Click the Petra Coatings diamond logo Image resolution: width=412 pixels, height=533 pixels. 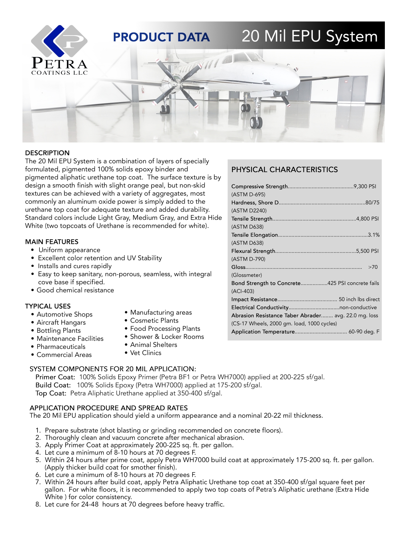click(x=59, y=41)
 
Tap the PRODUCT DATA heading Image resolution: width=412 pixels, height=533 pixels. click(x=161, y=37)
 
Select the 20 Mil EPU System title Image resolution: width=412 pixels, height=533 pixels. click(x=309, y=36)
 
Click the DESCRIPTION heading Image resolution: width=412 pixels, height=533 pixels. click(x=47, y=153)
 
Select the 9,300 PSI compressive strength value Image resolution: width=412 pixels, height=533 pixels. click(x=365, y=186)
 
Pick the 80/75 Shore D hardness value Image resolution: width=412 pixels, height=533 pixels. click(x=372, y=203)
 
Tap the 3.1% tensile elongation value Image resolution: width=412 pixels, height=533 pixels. click(x=374, y=235)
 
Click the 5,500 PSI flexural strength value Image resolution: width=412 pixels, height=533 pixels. click(x=367, y=251)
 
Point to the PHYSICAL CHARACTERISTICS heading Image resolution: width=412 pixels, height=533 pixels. click(x=284, y=170)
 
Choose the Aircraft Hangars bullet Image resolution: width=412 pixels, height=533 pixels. click(x=61, y=322)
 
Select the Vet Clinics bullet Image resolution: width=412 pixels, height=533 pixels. click(x=145, y=353)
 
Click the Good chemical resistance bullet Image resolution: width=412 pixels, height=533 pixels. click(x=75, y=290)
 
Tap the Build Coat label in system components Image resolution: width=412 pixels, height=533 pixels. click(x=53, y=385)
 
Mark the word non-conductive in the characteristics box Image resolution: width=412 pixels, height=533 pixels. click(x=358, y=308)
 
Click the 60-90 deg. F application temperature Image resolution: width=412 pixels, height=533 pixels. click(x=364, y=332)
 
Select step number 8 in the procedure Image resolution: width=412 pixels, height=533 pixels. click(x=38, y=504)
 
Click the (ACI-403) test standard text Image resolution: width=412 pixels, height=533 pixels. click(x=243, y=291)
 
